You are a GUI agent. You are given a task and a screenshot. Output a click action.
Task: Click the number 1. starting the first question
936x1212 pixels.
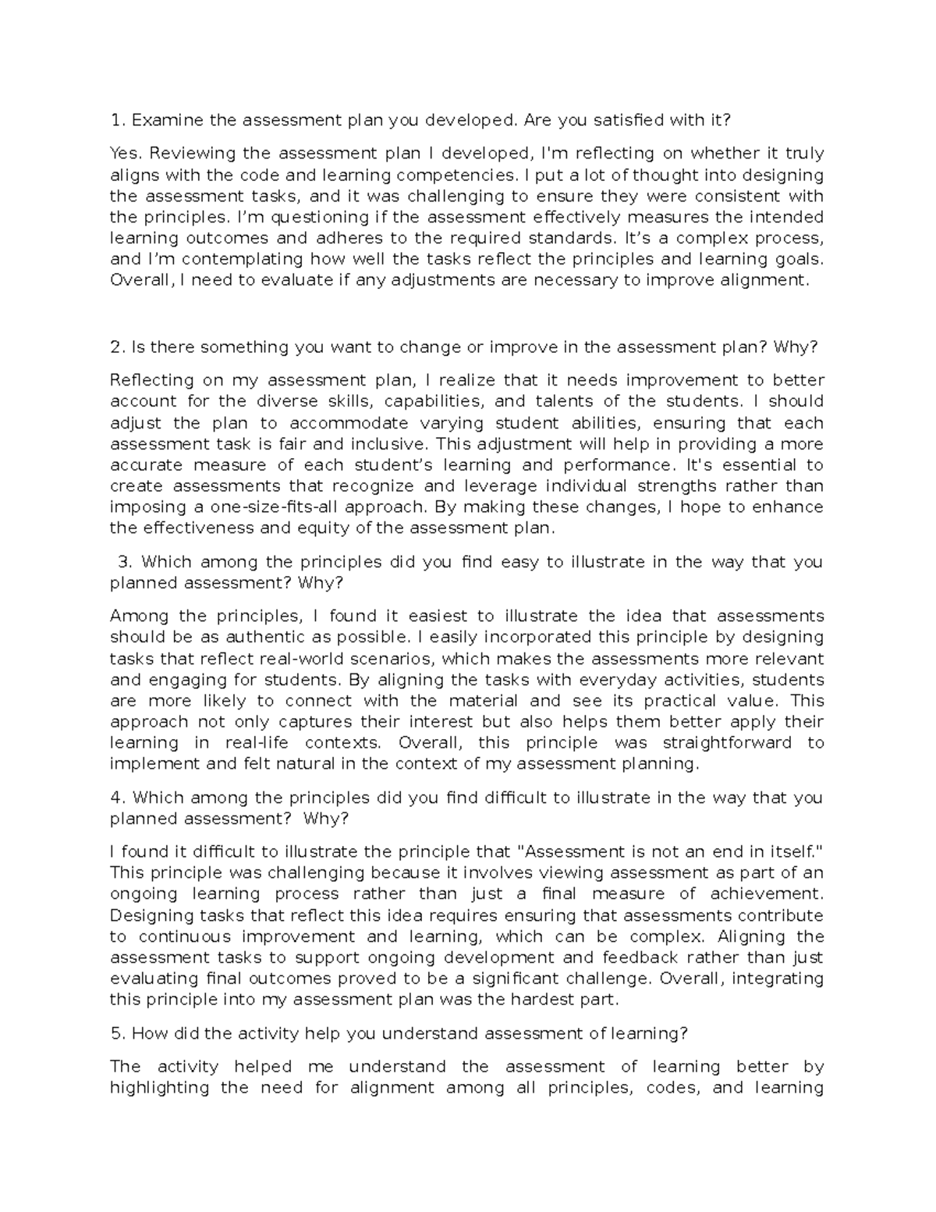(118, 120)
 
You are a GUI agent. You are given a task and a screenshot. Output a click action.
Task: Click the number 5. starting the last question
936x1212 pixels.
(118, 1034)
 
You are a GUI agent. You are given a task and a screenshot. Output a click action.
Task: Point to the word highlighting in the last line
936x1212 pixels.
(160, 1088)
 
